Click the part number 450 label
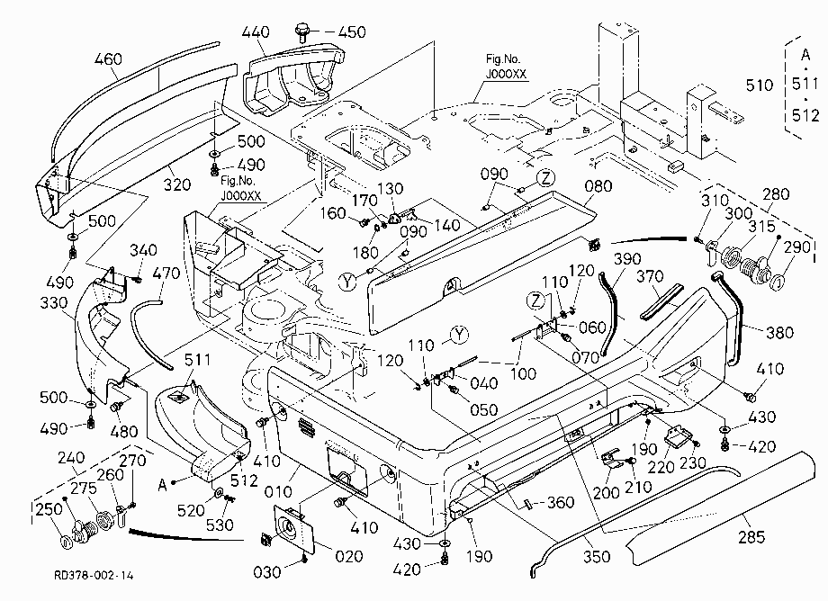(x=352, y=31)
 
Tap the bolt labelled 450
(x=303, y=31)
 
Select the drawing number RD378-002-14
(x=94, y=575)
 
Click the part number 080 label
(x=598, y=185)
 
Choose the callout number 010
(x=278, y=492)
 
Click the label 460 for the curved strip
(x=108, y=58)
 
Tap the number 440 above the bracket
(x=256, y=31)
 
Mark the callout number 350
(x=597, y=556)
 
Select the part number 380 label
(x=779, y=332)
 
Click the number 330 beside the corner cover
(x=54, y=303)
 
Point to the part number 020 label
(x=349, y=556)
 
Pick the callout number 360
(x=561, y=502)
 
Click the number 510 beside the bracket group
(x=760, y=85)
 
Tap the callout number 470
(x=166, y=274)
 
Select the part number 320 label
(x=177, y=184)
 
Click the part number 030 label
(x=267, y=572)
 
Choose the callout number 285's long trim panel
(x=724, y=507)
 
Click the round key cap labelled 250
(x=67, y=543)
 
